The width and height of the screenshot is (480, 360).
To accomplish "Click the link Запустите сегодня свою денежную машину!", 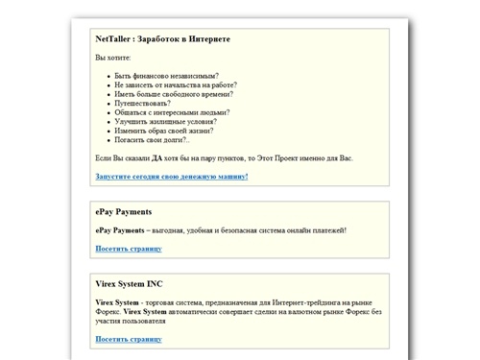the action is (x=172, y=177).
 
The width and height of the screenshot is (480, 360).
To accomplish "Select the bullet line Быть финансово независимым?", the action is (x=166, y=76).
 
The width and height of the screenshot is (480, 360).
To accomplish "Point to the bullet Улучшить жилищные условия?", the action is (x=165, y=122).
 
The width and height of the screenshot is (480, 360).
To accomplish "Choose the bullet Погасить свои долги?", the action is (x=152, y=140).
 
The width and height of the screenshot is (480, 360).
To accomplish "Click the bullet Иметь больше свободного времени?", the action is (x=175, y=94).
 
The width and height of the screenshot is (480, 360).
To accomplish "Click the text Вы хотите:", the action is (x=113, y=58).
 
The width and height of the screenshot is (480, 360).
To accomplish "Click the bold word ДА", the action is (x=156, y=156).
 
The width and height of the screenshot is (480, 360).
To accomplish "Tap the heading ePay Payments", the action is (x=124, y=212).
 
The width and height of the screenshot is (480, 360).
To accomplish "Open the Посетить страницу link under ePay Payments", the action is (x=129, y=249).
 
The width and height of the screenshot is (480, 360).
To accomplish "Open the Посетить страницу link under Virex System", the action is (x=129, y=339).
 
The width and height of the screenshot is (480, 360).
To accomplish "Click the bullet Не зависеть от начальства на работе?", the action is (x=175, y=84).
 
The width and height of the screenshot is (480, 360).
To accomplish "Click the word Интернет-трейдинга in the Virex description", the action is (x=305, y=302).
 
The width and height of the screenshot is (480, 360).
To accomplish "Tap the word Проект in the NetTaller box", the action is (x=286, y=156).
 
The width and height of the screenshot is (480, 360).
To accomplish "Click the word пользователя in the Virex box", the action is (x=142, y=321).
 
